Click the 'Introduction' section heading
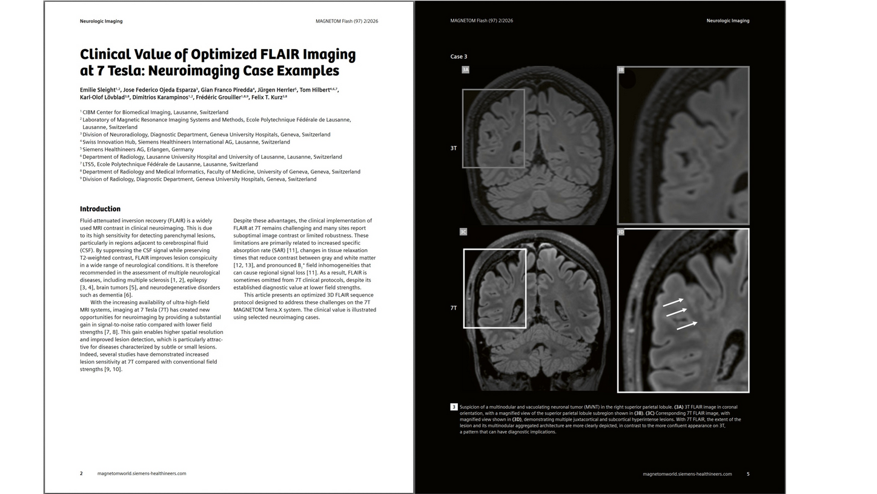point(100,209)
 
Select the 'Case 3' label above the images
point(458,57)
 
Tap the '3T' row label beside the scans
point(454,149)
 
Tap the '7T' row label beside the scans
point(454,309)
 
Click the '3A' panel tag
point(465,70)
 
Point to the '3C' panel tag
point(463,232)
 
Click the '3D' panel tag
point(621,232)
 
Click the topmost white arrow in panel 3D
point(673,302)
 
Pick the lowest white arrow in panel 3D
point(687,326)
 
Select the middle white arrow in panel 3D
point(676,313)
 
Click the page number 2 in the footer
point(81,474)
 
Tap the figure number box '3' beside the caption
point(454,407)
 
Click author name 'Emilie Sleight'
point(98,90)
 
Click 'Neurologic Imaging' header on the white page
point(101,21)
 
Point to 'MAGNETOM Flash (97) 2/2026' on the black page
point(482,21)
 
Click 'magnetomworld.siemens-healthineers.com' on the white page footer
point(142,474)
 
